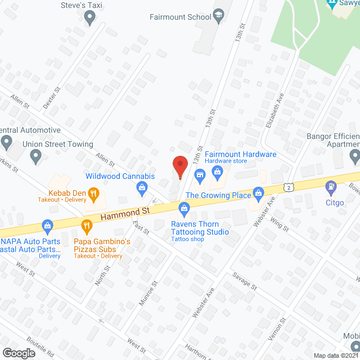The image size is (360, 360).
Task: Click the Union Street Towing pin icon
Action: [36, 157]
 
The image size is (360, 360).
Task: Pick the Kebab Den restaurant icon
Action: [93, 195]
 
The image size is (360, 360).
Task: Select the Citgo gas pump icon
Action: [331, 185]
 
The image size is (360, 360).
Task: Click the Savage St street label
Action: [244, 281]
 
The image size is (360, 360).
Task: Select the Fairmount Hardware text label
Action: [240, 155]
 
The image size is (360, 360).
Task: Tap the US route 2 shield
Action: [289, 186]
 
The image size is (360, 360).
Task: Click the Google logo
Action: [19, 352]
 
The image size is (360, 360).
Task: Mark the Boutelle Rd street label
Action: [39, 347]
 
